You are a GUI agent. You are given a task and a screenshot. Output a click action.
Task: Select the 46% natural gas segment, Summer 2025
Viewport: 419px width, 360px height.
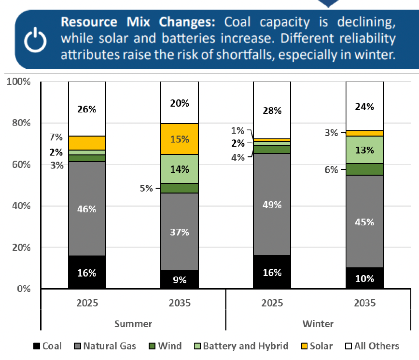pos(87,208)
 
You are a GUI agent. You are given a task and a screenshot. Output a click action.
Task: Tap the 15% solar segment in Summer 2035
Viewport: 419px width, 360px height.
pos(180,139)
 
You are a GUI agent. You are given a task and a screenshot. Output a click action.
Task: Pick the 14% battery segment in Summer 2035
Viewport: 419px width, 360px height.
pos(180,169)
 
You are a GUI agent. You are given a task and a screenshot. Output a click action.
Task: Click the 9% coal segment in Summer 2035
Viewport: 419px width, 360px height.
pos(180,279)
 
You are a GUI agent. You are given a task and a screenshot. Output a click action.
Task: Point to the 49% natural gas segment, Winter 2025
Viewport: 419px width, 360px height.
pos(272,204)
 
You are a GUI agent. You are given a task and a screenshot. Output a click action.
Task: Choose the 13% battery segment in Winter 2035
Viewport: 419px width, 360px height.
pos(365,150)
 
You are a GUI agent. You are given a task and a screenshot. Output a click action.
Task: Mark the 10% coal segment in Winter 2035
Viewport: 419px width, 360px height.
pos(365,278)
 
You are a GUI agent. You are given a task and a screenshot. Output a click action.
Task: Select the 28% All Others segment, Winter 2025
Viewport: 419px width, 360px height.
pos(272,111)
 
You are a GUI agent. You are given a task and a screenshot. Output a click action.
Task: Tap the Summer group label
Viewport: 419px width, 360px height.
pos(133,323)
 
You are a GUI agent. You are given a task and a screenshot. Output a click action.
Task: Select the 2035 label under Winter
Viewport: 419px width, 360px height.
pos(365,303)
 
